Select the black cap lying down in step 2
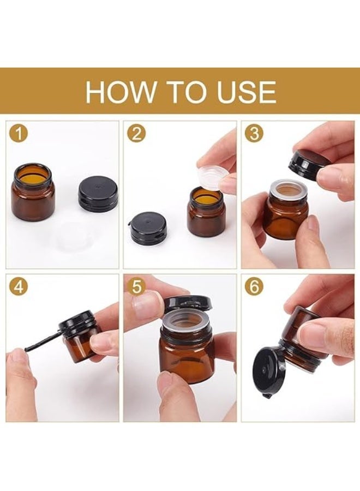148,227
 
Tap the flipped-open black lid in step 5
188,303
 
